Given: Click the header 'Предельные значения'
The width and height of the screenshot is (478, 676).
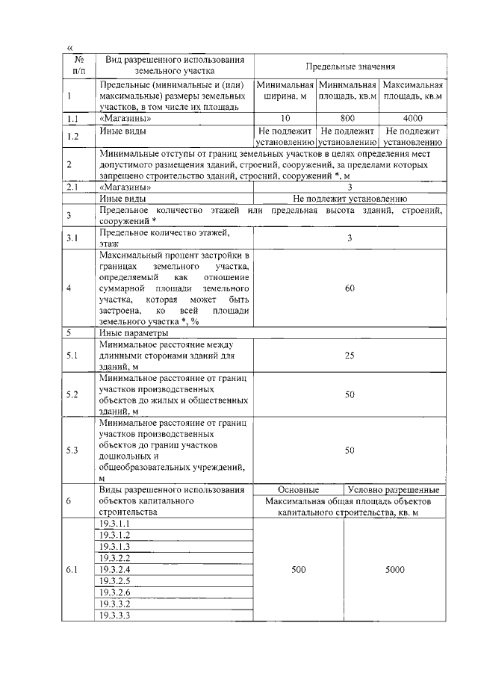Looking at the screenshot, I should click(x=350, y=66).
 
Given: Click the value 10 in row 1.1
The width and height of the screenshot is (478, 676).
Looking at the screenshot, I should click(x=285, y=118).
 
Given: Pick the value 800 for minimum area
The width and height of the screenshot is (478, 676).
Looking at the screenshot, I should click(x=347, y=118).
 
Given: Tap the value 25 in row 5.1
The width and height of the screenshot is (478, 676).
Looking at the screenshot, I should click(x=350, y=356).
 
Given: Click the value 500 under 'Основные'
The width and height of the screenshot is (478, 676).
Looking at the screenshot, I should click(x=299, y=569).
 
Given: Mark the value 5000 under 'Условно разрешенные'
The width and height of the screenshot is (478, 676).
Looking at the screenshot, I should click(x=395, y=569).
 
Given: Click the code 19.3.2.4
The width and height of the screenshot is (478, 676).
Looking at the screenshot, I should click(x=115, y=569).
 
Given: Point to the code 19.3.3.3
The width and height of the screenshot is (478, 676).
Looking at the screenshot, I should click(x=115, y=615).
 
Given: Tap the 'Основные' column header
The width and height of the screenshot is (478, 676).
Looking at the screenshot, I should click(x=299, y=490).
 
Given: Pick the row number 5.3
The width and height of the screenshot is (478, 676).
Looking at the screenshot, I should click(x=72, y=450).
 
